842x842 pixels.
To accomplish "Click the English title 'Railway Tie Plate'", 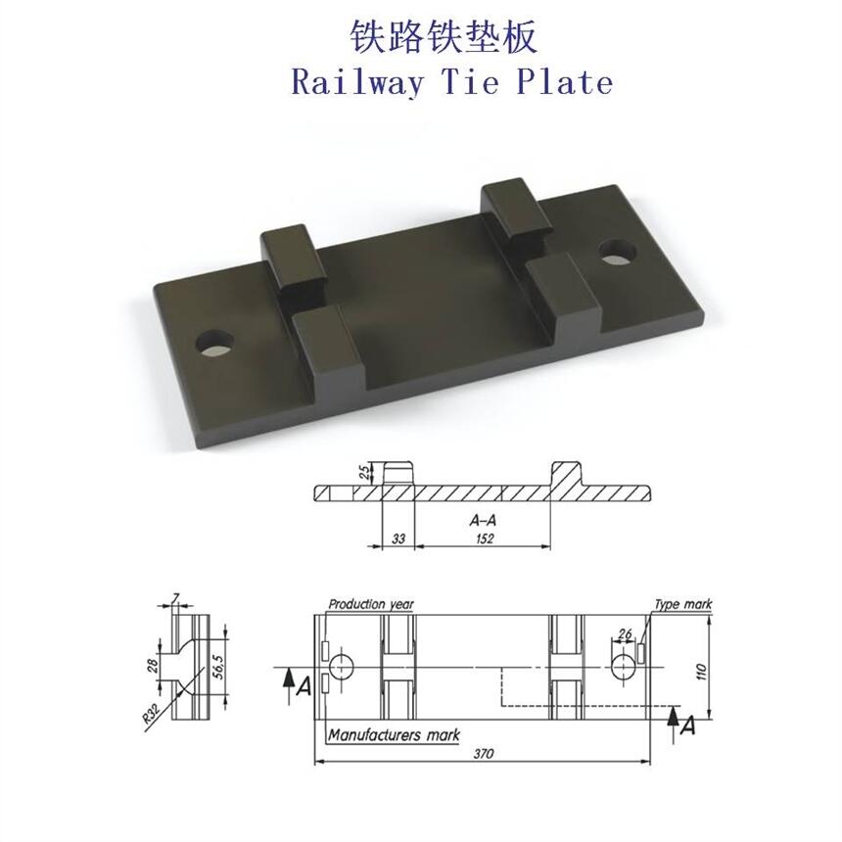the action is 451,82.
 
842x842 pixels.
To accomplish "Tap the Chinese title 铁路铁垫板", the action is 444,37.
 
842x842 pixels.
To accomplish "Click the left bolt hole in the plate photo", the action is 215,343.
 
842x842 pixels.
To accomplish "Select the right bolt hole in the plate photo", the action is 618,252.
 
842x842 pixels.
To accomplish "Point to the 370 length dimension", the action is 484,754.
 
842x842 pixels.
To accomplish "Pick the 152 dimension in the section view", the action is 485,538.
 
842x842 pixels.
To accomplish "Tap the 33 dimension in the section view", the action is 398,538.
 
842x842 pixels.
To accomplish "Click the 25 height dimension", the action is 364,472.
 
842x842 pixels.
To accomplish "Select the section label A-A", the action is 483,520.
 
